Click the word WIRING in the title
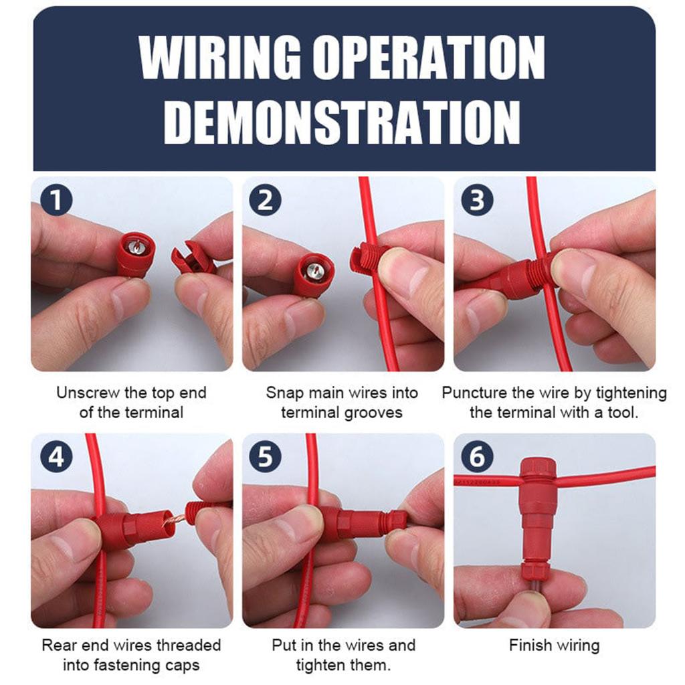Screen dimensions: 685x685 tap(220, 57)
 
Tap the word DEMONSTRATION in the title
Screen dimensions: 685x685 tap(342, 122)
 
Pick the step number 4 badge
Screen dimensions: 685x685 tap(56, 456)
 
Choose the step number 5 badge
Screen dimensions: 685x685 tap(265, 456)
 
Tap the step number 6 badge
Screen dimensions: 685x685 tap(478, 456)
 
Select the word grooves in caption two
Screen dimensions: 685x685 tap(373, 413)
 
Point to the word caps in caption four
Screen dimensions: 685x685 tap(182, 666)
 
